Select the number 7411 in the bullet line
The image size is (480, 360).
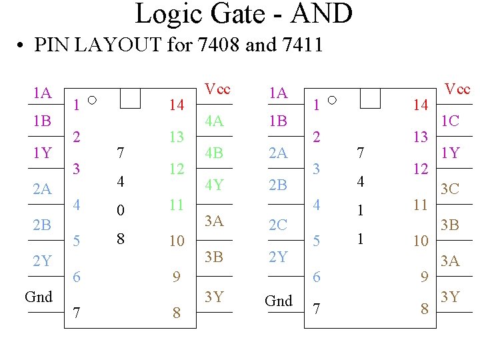[295, 45]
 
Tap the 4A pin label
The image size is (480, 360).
[214, 121]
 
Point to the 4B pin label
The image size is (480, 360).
[214, 153]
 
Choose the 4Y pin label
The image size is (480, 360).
[214, 185]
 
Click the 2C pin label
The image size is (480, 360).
[278, 225]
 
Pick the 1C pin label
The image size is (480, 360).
[450, 121]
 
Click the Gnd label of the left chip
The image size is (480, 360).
[38, 297]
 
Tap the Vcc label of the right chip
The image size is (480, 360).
[457, 89]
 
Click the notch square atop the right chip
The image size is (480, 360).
[369, 98]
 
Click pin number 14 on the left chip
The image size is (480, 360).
[176, 105]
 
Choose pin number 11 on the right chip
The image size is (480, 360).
[420, 205]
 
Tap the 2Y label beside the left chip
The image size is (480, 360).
[42, 261]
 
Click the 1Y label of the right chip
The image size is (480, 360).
[450, 153]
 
